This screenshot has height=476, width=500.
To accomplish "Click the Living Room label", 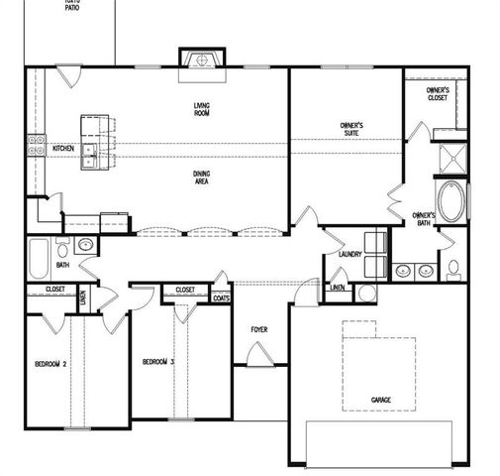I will [201, 108].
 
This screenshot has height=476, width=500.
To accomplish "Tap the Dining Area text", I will [201, 178].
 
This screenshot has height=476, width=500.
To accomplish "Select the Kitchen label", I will [63, 149].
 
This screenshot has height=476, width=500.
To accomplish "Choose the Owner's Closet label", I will [437, 94].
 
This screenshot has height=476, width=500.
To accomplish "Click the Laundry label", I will [350, 254].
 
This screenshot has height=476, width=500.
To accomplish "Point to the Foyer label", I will [258, 330].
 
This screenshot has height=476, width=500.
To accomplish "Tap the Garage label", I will [380, 400].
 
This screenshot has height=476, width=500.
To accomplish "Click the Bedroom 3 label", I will [157, 361].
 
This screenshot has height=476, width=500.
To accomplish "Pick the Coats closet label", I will [221, 297].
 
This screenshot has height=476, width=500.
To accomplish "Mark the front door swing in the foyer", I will [258, 353].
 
